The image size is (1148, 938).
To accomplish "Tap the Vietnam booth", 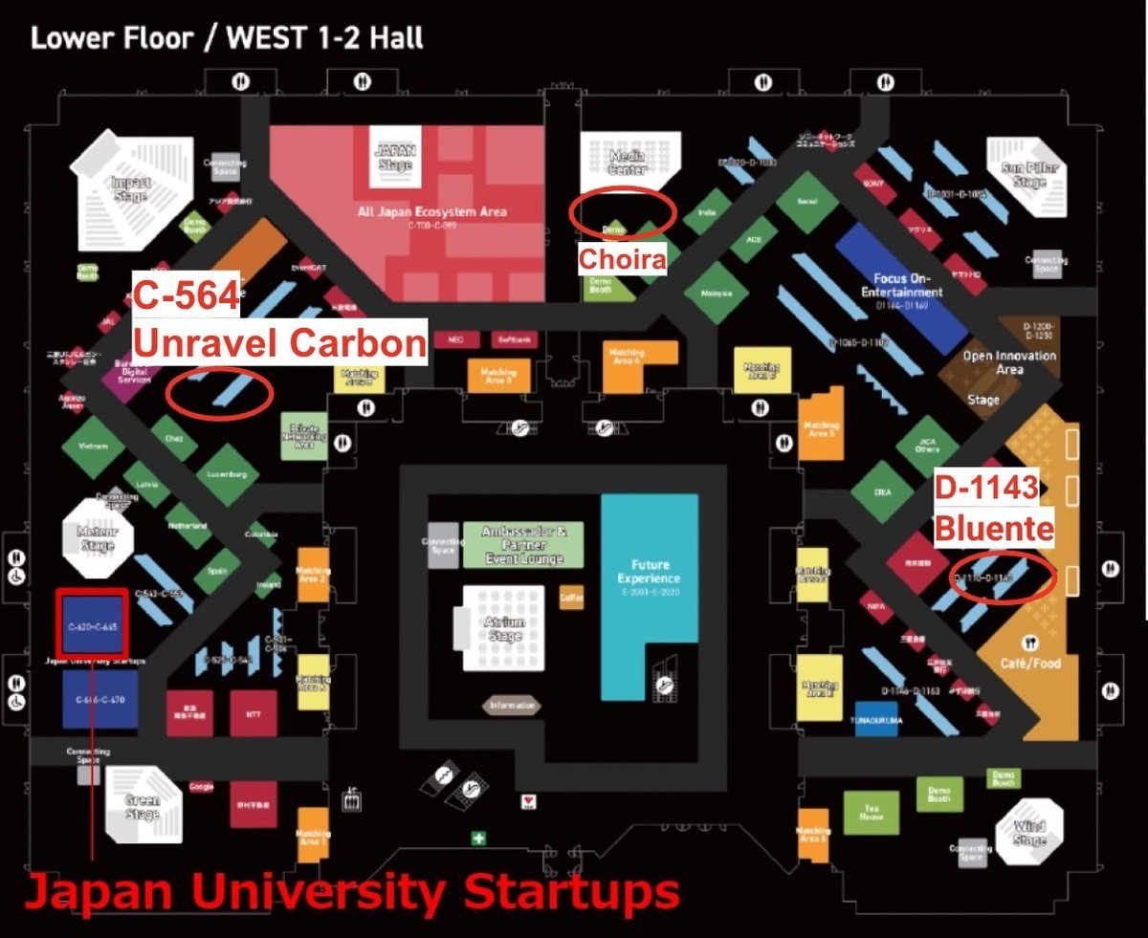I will [94, 447].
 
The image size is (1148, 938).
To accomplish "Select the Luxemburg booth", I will [227, 474].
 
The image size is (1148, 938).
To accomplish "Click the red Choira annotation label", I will [621, 258].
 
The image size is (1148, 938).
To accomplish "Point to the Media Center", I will [629, 162].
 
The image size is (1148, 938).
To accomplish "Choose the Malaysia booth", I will [709, 293].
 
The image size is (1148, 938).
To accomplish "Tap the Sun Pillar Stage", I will [1028, 176].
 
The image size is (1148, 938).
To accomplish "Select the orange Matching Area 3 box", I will [497, 375].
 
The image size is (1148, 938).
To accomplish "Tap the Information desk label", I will [512, 707].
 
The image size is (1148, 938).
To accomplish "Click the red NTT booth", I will [253, 713].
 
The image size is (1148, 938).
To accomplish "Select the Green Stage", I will [142, 808].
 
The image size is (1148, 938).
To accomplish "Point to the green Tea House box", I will [871, 813].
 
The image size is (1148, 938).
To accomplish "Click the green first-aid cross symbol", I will [478, 838].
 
